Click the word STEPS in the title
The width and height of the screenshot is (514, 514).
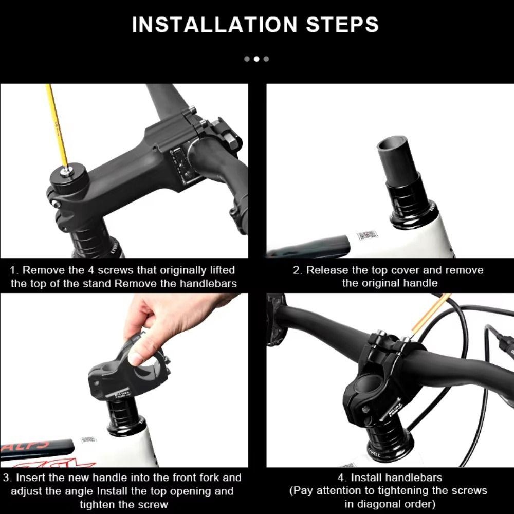point(337,25)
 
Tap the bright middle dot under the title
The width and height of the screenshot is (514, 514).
point(256,59)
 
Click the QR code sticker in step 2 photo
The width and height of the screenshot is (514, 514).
point(367,235)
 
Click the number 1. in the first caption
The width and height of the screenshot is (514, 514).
point(15,270)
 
